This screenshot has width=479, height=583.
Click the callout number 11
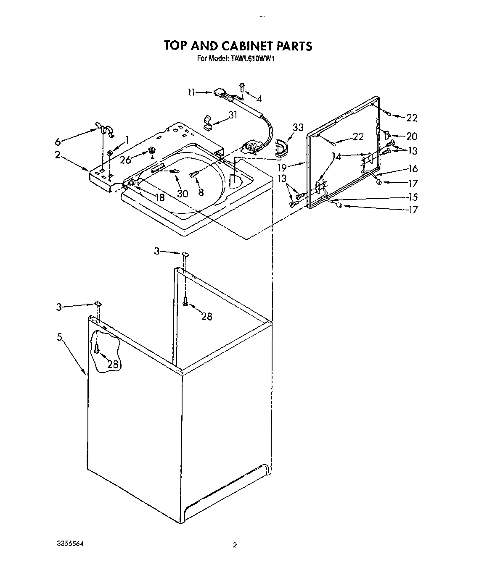point(191,92)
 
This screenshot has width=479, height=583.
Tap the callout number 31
point(233,115)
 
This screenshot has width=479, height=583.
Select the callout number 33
point(298,128)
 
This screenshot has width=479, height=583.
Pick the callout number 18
point(160,197)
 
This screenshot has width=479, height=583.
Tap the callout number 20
point(412,136)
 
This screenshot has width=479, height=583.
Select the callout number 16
point(413,168)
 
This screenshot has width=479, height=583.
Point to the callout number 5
point(60,336)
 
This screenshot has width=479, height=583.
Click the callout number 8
point(201,192)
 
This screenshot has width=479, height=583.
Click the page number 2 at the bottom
point(235,546)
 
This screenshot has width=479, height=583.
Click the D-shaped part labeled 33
point(279,147)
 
